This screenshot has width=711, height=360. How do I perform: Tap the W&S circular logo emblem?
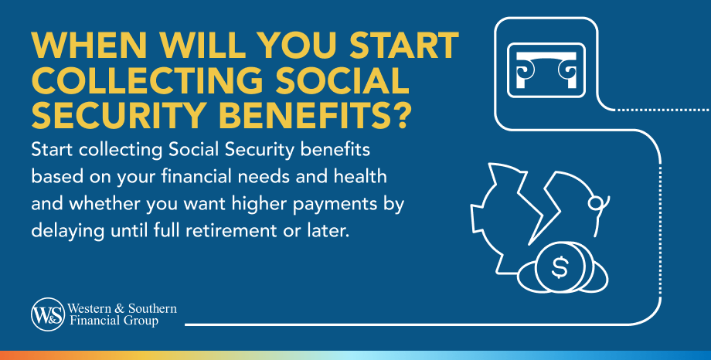point(46,314)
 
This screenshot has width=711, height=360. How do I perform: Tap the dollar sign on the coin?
point(560,267)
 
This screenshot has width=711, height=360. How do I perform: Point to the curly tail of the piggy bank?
point(597,204)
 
